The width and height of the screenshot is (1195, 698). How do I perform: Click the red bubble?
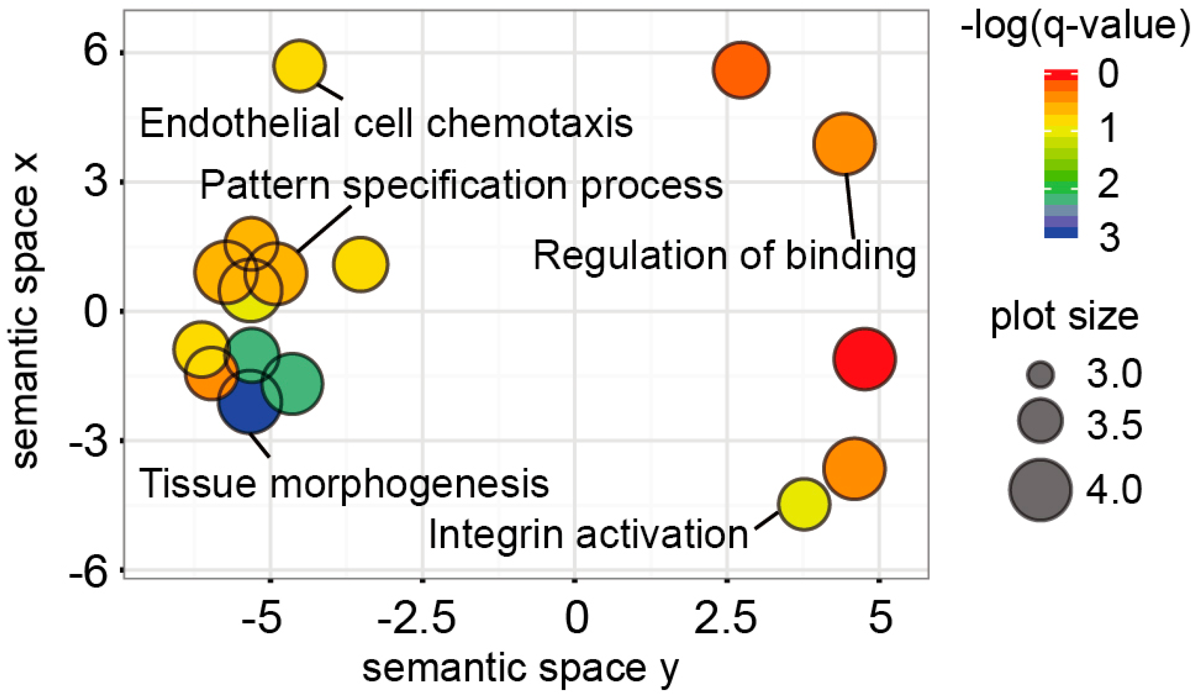864,359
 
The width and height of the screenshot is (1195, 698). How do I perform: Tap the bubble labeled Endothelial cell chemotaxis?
299,66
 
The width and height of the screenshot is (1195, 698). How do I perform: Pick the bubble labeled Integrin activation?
804,504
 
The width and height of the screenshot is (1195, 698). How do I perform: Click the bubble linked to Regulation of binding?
844,144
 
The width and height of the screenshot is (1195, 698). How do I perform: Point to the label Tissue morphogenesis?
344,484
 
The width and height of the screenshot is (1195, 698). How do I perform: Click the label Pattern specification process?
461,185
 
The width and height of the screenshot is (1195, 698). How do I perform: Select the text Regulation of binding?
724,256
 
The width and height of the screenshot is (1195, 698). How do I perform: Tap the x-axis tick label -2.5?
416,618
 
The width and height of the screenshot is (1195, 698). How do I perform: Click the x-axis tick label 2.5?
725,618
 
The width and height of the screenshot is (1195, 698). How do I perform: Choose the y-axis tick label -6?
89,571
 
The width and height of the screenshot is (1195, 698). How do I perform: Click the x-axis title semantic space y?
520,668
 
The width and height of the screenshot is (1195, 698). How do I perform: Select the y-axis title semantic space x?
26,310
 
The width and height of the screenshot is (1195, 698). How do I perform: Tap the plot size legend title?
1065,317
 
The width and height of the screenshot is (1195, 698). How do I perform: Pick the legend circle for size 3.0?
1040,375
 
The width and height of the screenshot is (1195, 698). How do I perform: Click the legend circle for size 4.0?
1040,490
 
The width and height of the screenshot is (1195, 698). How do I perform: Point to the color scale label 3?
1109,237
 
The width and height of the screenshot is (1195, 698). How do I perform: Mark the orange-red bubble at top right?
740,70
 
